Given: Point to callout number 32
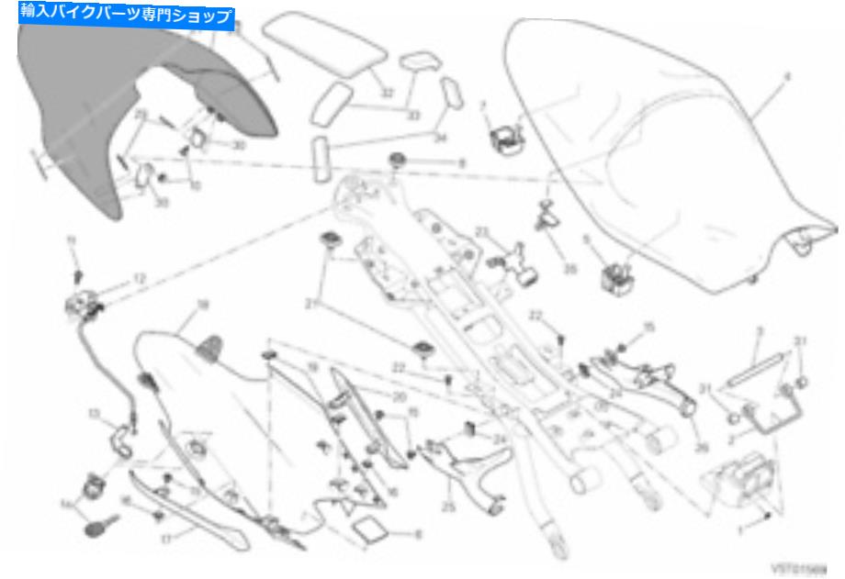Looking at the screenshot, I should point(388,93).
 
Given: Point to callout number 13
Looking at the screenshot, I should point(93,413).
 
